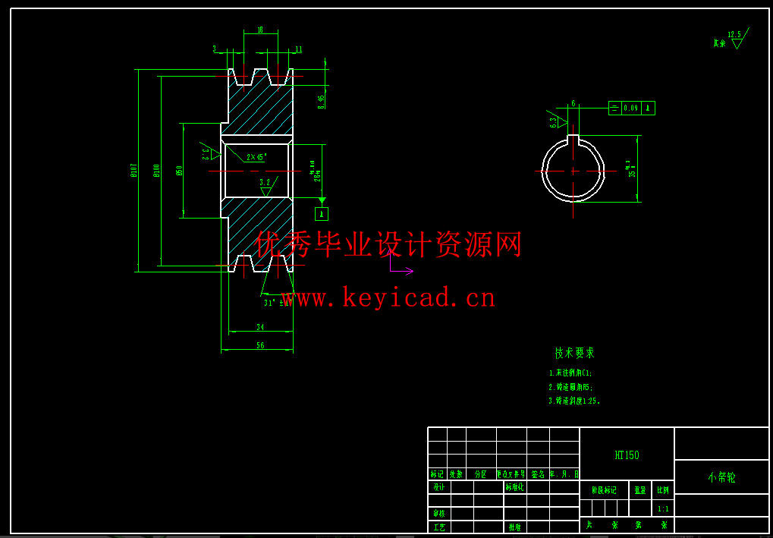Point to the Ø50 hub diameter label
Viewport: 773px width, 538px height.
pyautogui.click(x=179, y=170)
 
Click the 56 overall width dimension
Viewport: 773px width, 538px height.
pyautogui.click(x=259, y=345)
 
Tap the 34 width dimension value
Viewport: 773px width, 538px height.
pyautogui.click(x=260, y=328)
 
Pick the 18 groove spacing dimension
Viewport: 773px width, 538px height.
pyautogui.click(x=260, y=30)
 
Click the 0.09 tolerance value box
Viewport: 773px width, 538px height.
pyautogui.click(x=630, y=109)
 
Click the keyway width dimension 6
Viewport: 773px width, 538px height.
pyautogui.click(x=573, y=103)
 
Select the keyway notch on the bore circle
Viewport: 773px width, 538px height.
pyautogui.click(x=573, y=140)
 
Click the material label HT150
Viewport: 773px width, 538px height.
pyautogui.click(x=627, y=455)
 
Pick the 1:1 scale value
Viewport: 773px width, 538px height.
pyautogui.click(x=663, y=509)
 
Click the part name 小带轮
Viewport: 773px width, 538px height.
pyautogui.click(x=721, y=477)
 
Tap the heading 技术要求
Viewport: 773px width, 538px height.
pyautogui.click(x=574, y=353)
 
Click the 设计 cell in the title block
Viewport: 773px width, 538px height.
pyautogui.click(x=438, y=487)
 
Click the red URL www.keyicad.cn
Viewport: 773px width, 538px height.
pyautogui.click(x=388, y=297)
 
